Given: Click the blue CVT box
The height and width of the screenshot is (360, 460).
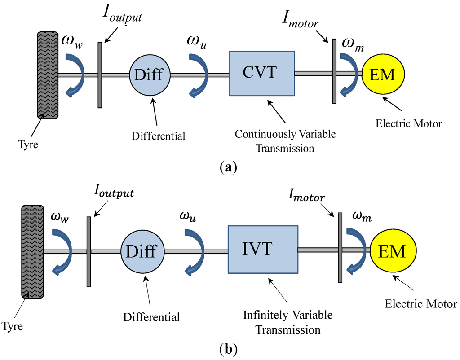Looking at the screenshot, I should (x=262, y=73).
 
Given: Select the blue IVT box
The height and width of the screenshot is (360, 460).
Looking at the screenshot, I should (x=263, y=250).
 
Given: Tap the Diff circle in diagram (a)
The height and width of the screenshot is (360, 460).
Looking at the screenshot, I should (x=150, y=75).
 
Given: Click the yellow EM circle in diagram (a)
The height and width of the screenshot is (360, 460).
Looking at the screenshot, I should (x=382, y=75).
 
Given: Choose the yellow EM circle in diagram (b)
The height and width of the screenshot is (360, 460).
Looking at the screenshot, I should (x=392, y=251).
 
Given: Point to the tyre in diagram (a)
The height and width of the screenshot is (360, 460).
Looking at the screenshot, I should (x=48, y=75).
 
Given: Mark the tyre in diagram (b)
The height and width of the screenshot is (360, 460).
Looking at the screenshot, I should (x=32, y=251).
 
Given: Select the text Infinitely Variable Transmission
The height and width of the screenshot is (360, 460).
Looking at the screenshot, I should (x=288, y=322).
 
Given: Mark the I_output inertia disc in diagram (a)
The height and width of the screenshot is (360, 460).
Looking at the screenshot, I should (x=100, y=75).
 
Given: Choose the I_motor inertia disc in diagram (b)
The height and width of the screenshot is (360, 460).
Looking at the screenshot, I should (x=340, y=247).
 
